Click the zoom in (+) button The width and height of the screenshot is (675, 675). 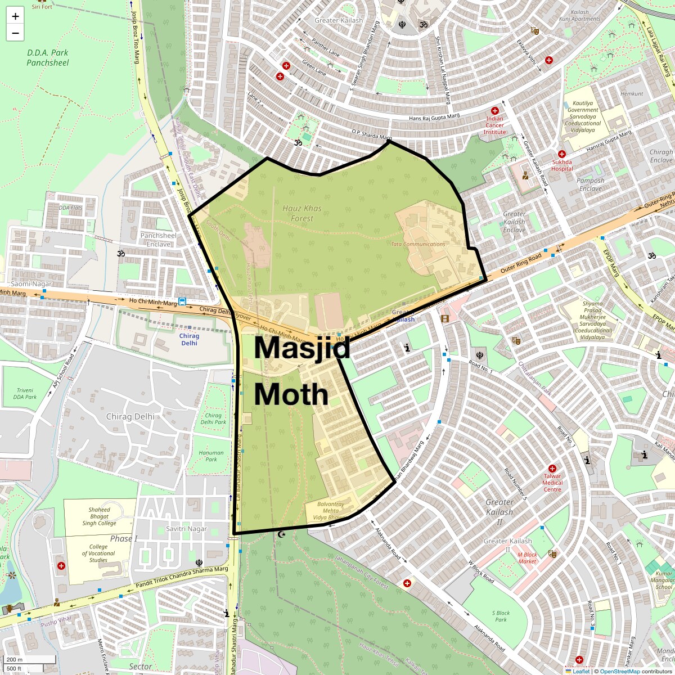tap(15, 16)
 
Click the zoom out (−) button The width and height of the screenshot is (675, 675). tap(15, 33)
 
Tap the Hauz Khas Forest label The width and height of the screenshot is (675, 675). tap(302, 213)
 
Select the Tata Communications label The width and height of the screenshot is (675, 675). tap(418, 244)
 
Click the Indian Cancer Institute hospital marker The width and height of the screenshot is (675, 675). tap(495, 111)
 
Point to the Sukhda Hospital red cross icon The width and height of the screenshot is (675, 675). tap(561, 154)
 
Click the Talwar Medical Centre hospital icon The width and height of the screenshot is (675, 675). tap(552, 469)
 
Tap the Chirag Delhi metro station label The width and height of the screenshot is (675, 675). tap(189, 339)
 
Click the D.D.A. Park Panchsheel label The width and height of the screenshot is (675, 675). tap(48, 57)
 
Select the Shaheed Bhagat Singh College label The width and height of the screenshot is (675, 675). tap(99, 516)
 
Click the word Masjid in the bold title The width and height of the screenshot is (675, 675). tap(302, 347)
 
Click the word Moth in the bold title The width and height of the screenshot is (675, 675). tap(291, 394)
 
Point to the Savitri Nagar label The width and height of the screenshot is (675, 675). tap(186, 529)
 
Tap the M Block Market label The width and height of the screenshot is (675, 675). tap(527, 557)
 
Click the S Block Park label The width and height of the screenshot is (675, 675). tap(501, 616)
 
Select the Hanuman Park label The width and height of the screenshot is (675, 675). tap(211, 456)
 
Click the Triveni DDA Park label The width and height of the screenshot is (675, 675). tap(25, 393)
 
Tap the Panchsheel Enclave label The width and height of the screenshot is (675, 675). tap(158, 240)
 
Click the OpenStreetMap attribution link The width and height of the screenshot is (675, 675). tap(620, 671)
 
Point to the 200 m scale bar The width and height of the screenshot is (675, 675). tap(30, 660)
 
